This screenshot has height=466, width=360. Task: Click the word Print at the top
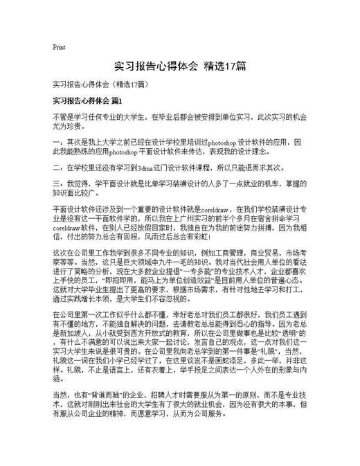click(x=59, y=48)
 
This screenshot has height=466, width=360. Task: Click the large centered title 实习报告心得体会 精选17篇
click(x=179, y=66)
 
